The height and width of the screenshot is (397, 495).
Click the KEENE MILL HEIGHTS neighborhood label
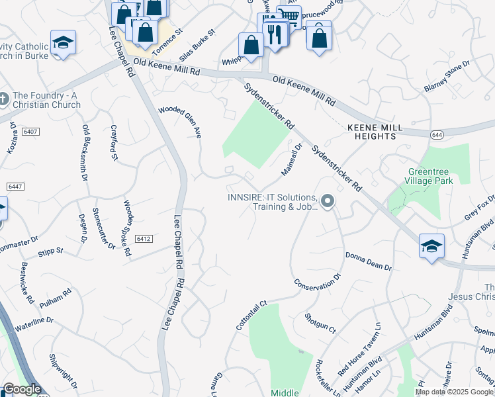(371, 131)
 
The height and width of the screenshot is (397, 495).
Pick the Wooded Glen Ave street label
(179, 122)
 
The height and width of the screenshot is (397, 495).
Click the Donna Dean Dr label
(368, 260)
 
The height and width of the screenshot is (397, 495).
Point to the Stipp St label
(50, 251)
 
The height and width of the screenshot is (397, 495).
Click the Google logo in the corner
(22, 389)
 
